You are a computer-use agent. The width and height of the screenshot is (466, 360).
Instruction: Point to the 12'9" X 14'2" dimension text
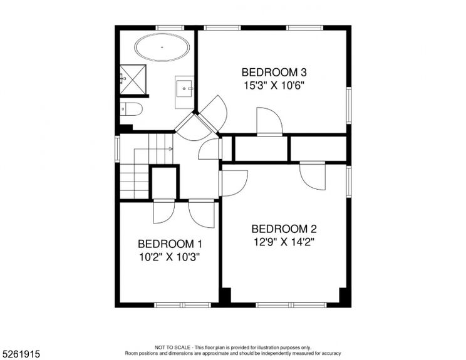284,242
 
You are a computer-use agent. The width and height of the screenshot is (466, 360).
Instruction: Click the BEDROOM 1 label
170,244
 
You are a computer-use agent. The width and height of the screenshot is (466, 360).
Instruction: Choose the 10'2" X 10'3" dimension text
170,256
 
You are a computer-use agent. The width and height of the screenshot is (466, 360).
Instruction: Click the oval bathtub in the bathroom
162,47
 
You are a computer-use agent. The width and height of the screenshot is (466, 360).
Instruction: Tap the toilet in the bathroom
131,110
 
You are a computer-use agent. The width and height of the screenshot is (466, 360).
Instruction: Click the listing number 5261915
21,354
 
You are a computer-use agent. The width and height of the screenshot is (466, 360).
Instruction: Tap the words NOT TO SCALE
170,347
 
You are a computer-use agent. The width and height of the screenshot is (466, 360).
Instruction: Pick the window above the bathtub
165,28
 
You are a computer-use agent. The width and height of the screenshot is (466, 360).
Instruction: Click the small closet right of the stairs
165,183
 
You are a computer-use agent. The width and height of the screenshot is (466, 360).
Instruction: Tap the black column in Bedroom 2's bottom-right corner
343,296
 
